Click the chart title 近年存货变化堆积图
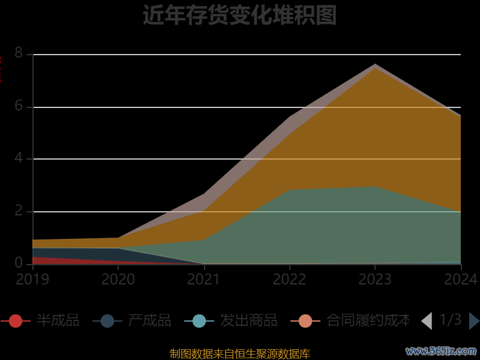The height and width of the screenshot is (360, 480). tap(239, 16)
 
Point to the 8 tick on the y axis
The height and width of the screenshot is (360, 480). tap(19, 54)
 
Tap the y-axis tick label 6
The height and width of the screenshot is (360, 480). tap(19, 107)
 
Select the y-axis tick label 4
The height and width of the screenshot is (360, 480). tap(19, 159)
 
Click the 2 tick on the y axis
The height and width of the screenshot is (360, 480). tap(19, 211)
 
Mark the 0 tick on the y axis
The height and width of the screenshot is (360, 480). tap(19, 263)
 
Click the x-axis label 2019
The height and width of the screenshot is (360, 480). tap(32, 280)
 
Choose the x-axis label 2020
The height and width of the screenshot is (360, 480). tap(118, 280)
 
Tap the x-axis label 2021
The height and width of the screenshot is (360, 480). tap(204, 280)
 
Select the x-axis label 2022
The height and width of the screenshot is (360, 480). tap(290, 280)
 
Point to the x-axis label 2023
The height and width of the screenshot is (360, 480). tap(375, 280)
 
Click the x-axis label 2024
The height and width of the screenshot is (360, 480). tap(461, 280)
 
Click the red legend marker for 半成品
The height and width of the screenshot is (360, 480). tap(16, 321)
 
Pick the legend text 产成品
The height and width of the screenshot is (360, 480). tap(149, 321)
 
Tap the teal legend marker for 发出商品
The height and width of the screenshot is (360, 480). tap(199, 321)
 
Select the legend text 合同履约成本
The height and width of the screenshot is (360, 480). tap(368, 321)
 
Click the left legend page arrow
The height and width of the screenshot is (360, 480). tap(427, 321)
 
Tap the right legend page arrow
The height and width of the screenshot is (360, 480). tap(474, 321)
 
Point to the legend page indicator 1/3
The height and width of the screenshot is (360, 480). tap(451, 320)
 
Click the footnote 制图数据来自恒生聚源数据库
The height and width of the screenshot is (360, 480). tap(240, 354)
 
